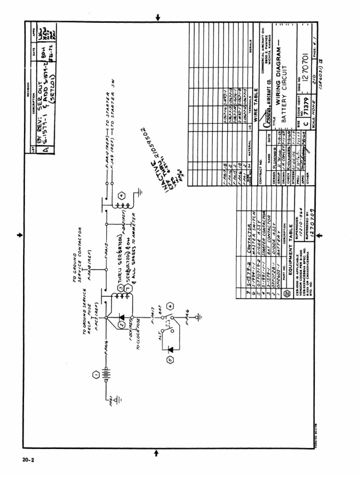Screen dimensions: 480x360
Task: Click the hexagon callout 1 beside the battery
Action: pos(95,375)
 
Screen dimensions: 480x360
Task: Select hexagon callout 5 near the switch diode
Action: pos(170,360)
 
